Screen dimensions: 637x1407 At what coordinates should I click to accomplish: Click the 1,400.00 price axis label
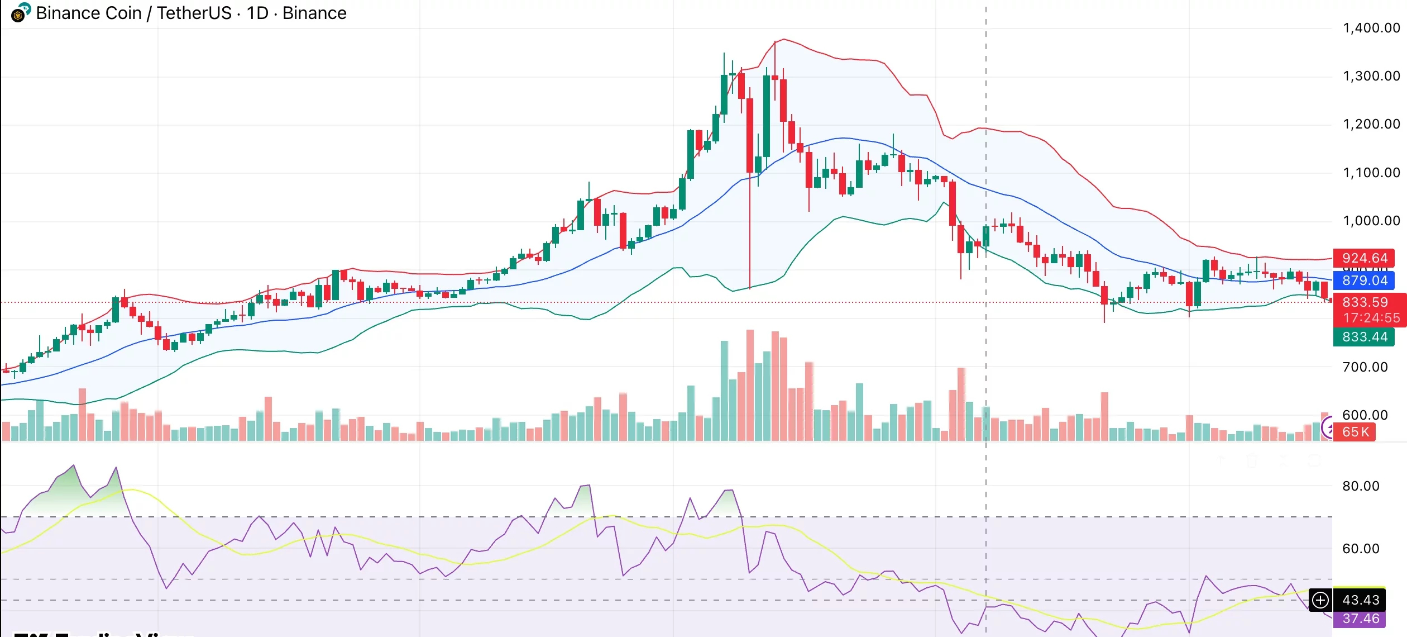1371,28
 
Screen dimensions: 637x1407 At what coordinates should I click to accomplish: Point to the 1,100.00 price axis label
1371,173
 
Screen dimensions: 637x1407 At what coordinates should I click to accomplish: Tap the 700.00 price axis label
1365,367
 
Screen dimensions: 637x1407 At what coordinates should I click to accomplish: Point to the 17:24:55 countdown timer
1371,318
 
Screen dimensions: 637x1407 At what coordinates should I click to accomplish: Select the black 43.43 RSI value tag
1360,600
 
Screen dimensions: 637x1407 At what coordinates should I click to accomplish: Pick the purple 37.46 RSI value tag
1360,619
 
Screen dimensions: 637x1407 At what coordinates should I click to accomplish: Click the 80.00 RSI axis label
1361,486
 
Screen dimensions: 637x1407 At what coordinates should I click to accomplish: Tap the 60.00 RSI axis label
1361,549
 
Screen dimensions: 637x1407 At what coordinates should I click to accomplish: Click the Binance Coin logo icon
20,13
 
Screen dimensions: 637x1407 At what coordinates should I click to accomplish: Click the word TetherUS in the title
194,13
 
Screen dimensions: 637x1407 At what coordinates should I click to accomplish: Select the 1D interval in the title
257,13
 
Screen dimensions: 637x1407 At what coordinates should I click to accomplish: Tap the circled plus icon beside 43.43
1320,600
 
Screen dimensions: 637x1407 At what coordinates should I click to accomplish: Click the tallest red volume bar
750,386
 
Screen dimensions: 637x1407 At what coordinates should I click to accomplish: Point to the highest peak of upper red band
784,39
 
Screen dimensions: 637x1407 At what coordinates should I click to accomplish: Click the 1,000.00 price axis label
1371,221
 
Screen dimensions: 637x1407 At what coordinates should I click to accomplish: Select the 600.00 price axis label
1365,415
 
